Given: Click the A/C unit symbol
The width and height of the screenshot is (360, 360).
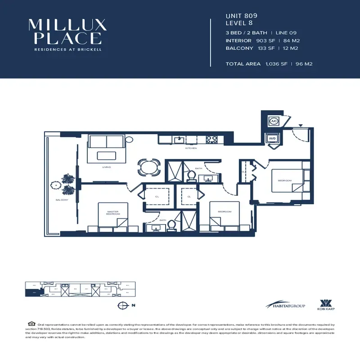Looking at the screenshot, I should tap(274, 121).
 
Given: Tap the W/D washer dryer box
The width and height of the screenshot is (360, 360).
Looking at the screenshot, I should tap(273, 139).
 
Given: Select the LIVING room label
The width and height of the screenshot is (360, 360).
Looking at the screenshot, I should tap(107, 167).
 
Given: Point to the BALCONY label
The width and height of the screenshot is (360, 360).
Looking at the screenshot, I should tap(62, 200).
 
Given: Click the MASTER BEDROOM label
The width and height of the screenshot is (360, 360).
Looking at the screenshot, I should tap(113, 213).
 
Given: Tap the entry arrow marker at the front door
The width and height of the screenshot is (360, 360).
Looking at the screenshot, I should tap(300, 125).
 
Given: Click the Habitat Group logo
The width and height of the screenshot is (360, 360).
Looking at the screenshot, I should tap(285, 306).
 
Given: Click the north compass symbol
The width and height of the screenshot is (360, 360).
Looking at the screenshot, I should tap(121, 306).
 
